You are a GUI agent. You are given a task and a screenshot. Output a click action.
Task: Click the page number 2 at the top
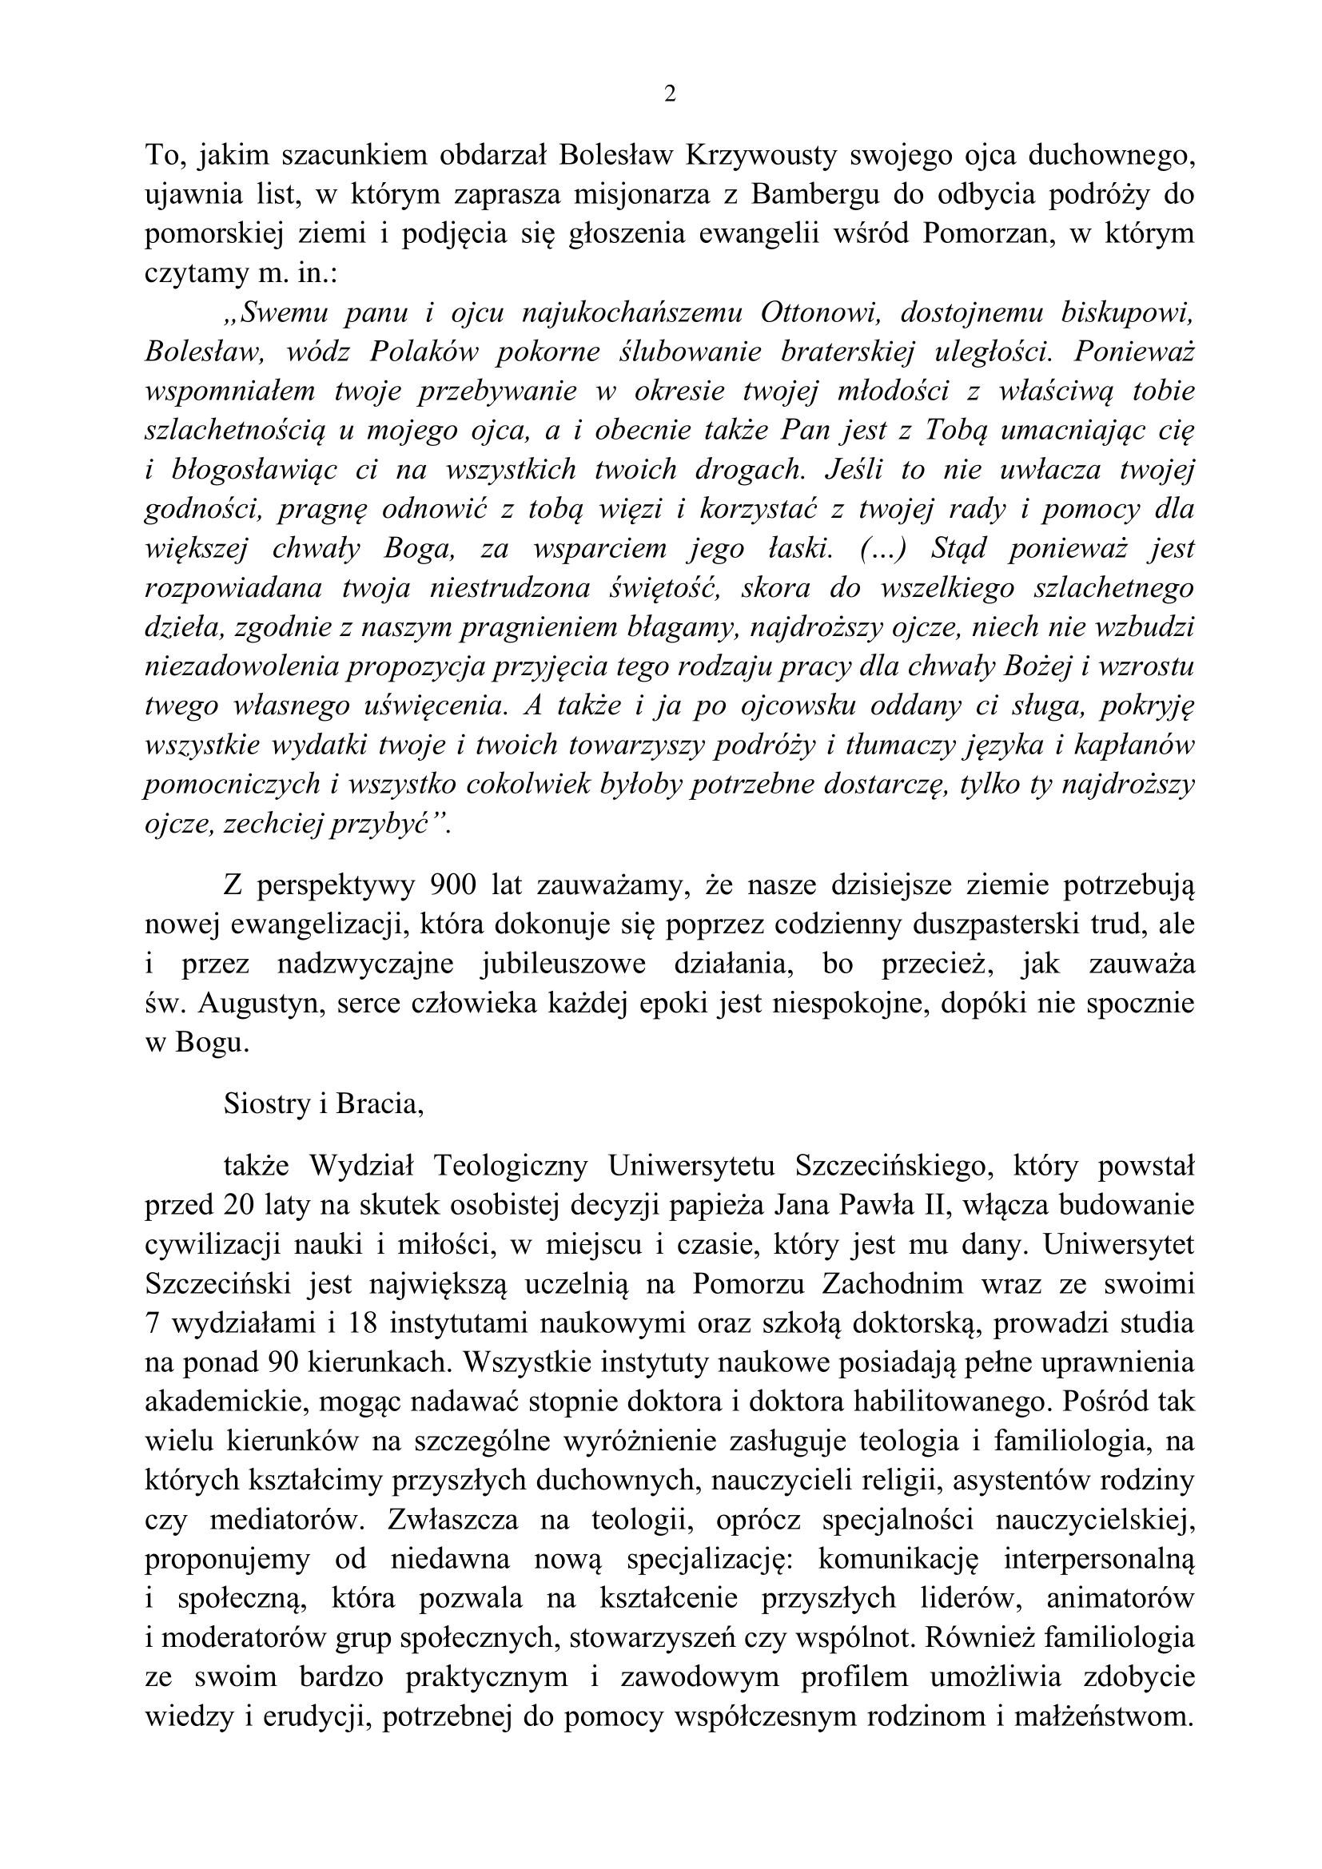(x=670, y=95)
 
